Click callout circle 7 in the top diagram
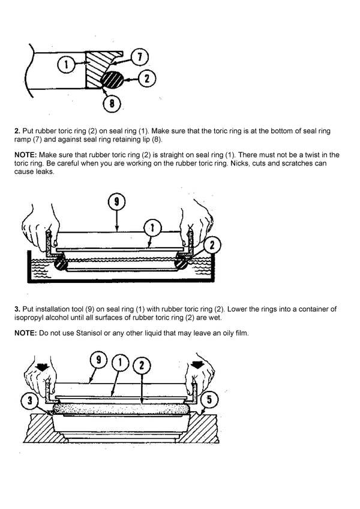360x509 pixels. coord(139,58)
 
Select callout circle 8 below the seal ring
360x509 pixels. coord(112,103)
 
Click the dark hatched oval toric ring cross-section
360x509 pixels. coord(112,79)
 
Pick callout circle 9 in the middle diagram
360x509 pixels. coord(117,202)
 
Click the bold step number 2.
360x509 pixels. coord(17,131)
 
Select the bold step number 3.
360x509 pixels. coord(17,309)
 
